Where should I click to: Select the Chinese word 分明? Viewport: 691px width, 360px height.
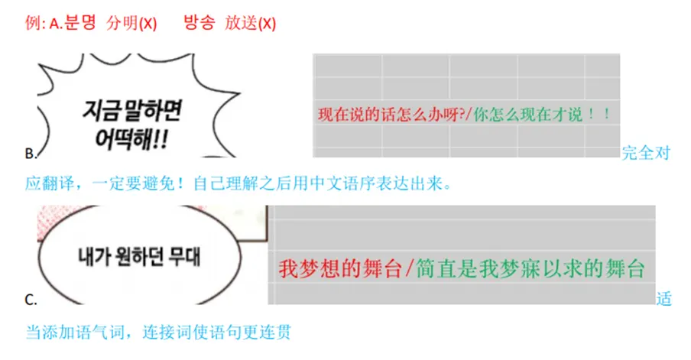click(122, 23)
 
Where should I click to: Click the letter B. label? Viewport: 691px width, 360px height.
click(31, 154)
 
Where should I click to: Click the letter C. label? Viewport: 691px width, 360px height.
click(31, 299)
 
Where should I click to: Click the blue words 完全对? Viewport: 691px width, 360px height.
click(647, 153)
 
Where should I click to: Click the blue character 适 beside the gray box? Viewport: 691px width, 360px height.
click(663, 298)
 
